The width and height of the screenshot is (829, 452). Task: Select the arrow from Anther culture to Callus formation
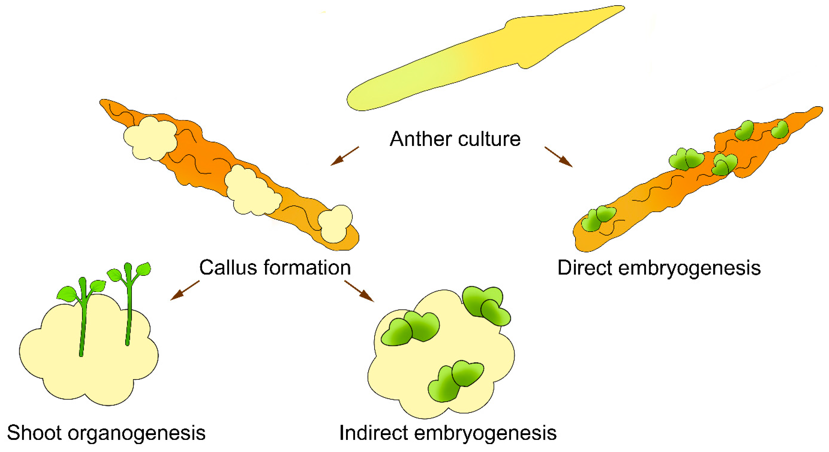(x=344, y=156)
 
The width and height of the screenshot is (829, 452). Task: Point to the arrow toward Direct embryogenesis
(x=558, y=157)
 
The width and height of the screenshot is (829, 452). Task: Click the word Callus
(x=228, y=267)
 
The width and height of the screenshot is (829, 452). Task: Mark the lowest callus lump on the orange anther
(x=335, y=224)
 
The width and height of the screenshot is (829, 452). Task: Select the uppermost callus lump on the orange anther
(x=150, y=138)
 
